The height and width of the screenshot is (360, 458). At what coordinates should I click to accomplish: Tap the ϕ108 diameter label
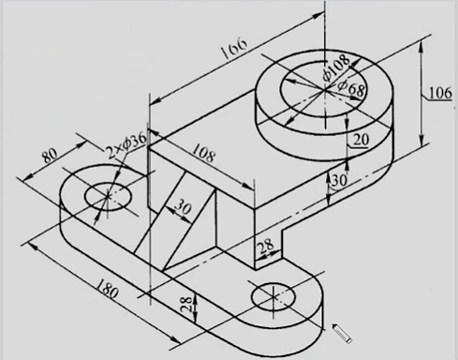tap(336, 67)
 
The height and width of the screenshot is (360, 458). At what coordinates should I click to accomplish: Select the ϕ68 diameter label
tap(351, 88)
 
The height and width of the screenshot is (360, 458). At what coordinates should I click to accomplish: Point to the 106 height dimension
tap(440, 93)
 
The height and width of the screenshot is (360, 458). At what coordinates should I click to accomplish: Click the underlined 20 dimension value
tap(361, 140)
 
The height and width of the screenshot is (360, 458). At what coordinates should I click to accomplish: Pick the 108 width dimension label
tap(204, 152)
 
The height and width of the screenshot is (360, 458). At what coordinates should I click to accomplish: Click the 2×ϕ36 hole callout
tap(126, 144)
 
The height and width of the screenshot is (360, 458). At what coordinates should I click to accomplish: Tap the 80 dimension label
tap(50, 156)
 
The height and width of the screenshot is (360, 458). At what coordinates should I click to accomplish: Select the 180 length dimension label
tap(107, 289)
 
